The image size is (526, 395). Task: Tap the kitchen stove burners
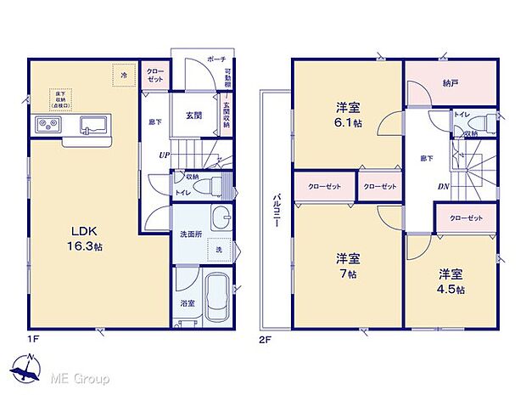48,126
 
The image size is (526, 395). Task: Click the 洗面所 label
190,234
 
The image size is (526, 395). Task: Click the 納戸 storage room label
450,84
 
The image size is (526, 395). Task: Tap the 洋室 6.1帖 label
346,114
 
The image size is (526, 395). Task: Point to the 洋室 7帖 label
346,263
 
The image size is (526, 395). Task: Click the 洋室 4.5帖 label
450,281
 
